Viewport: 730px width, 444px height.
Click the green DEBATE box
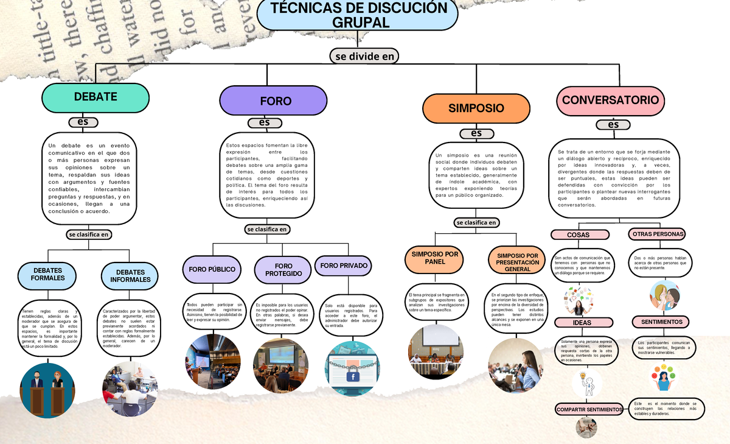pyautogui.click(x=96, y=97)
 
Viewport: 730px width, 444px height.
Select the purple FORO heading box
pyautogui.click(x=275, y=100)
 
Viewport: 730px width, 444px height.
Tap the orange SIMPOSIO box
pyautogui.click(x=476, y=108)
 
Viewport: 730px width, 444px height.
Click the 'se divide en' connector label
pyautogui.click(x=364, y=56)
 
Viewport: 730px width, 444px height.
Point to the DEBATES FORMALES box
pyautogui.click(x=47, y=275)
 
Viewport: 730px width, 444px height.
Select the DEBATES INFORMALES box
pyautogui.click(x=131, y=276)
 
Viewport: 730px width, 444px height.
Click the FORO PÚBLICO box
pyautogui.click(x=212, y=269)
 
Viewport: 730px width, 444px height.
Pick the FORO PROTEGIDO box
pyautogui.click(x=283, y=270)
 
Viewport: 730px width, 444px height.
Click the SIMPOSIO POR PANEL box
pyautogui.click(x=436, y=258)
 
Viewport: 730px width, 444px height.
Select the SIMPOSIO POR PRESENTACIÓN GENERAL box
pyautogui.click(x=518, y=263)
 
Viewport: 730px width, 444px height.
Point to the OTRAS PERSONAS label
pyautogui.click(x=658, y=234)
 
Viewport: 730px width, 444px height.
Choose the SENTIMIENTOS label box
pyautogui.click(x=661, y=322)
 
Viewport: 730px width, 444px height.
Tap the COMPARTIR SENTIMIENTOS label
pyautogui.click(x=589, y=410)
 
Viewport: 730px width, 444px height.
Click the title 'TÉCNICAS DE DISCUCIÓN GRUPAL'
pyautogui.click(x=358, y=15)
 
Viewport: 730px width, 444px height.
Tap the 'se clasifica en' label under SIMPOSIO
pyautogui.click(x=476, y=223)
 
